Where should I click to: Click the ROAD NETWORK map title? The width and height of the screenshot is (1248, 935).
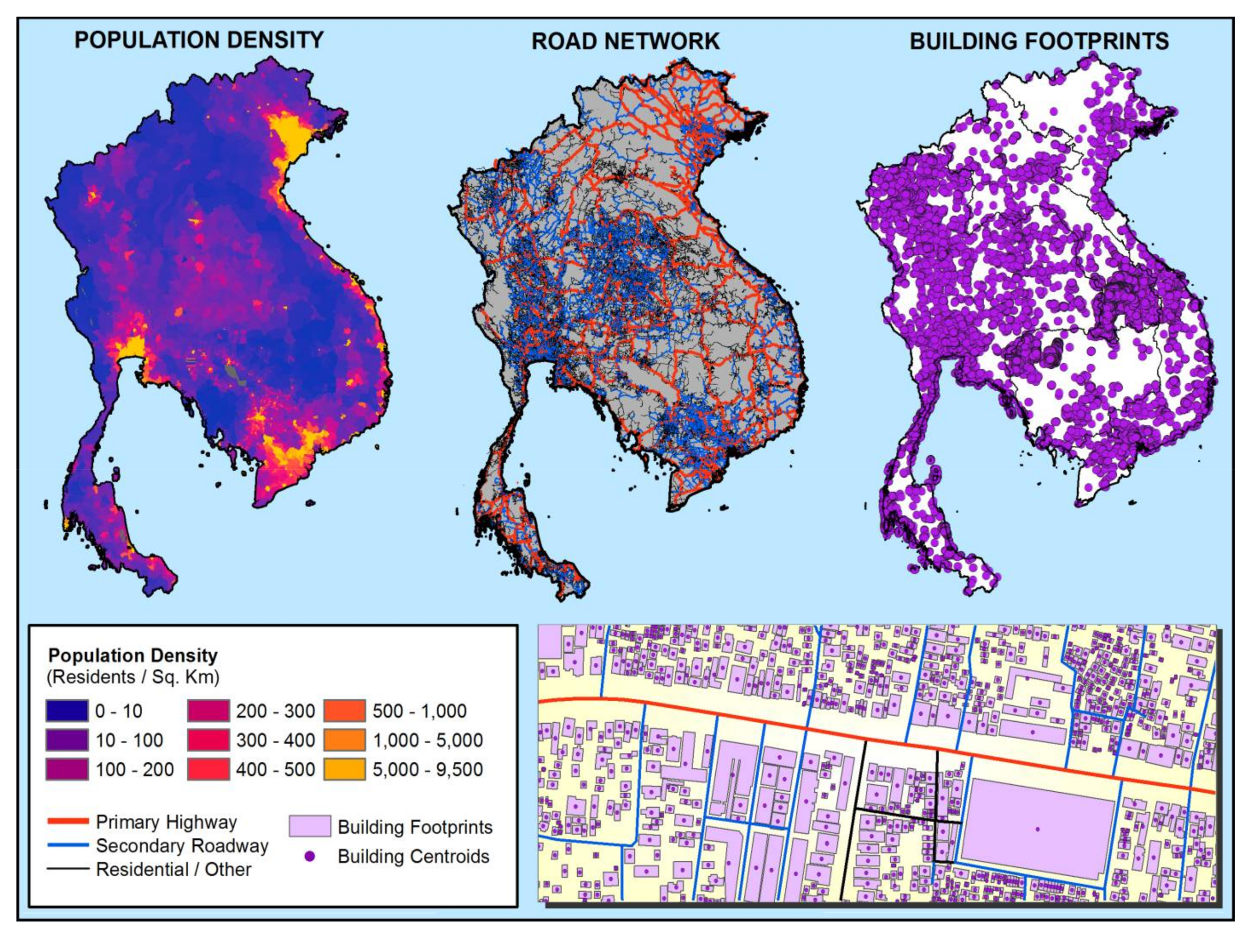tap(625, 41)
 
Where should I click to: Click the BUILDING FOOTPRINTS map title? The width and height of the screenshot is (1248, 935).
tap(1039, 41)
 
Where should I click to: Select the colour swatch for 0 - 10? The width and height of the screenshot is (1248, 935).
tap(67, 711)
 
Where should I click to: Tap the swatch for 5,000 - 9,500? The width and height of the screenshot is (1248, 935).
tap(344, 770)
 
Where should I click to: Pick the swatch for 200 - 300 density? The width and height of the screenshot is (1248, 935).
tap(208, 711)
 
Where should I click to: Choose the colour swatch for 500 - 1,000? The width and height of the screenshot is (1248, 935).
tap(344, 711)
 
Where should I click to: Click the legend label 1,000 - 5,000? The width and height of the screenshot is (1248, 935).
tap(427, 740)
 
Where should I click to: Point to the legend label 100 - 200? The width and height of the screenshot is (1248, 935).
tap(134, 770)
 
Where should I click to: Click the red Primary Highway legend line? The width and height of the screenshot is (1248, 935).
tap(67, 821)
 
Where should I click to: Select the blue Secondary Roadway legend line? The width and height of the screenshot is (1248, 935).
tap(67, 845)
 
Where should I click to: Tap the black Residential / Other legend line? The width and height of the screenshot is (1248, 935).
tap(67, 869)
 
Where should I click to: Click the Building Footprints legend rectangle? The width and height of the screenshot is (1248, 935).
tap(310, 826)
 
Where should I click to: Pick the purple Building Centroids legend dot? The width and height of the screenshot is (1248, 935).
tap(310, 857)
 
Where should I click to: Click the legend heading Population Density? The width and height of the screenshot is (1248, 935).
tap(132, 656)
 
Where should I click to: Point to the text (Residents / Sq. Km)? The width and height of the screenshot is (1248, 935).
tap(132, 677)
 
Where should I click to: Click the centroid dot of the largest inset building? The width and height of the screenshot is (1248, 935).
tap(1037, 829)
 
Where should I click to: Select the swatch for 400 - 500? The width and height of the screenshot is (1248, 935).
tap(208, 770)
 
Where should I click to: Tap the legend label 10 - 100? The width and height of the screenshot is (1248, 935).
tap(129, 740)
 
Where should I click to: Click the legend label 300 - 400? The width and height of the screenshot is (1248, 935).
tap(276, 740)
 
